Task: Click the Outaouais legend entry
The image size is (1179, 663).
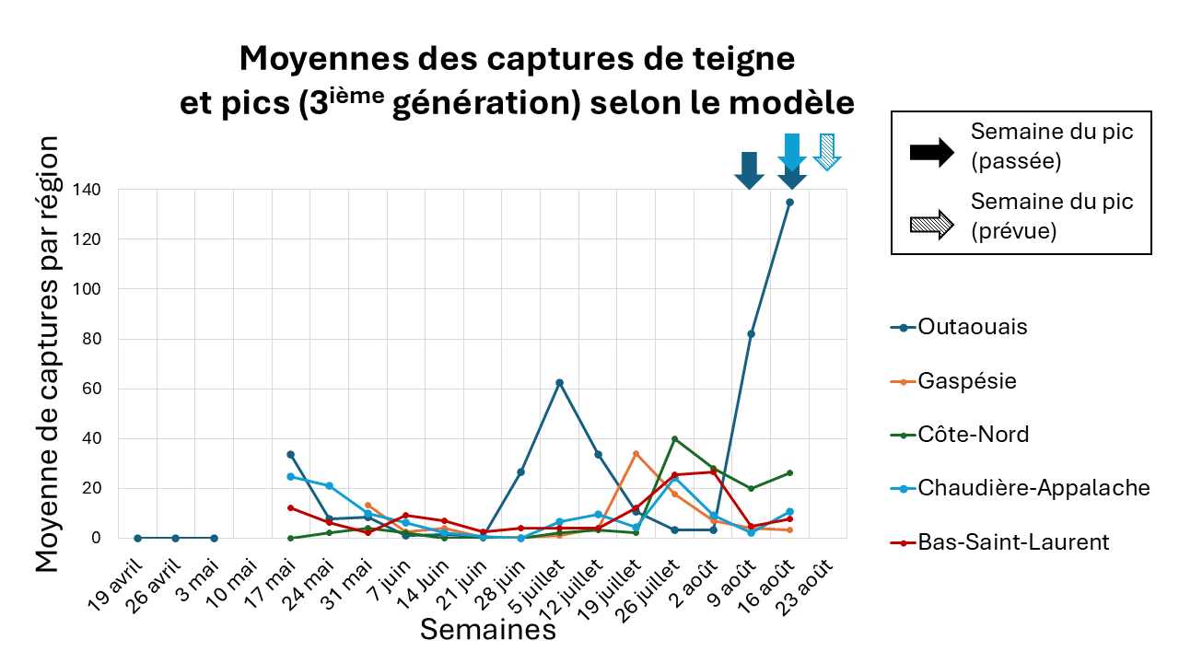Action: click(972, 327)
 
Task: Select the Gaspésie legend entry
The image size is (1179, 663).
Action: click(966, 380)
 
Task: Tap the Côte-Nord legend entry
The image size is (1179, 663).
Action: click(973, 435)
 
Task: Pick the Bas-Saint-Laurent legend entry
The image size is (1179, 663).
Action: click(1013, 542)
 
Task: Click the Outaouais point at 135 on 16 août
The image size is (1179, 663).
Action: click(789, 202)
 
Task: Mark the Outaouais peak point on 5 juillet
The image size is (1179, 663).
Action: click(559, 382)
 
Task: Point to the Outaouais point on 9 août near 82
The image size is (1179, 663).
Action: click(751, 333)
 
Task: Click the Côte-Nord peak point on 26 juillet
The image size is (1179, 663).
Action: click(674, 438)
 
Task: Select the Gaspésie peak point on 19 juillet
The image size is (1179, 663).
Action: click(636, 454)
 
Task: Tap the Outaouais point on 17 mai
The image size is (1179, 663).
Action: click(290, 454)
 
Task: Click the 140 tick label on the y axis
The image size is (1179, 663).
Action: click(90, 190)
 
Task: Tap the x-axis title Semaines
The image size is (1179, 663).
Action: click(488, 630)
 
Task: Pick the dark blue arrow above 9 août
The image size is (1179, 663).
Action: click(749, 169)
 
